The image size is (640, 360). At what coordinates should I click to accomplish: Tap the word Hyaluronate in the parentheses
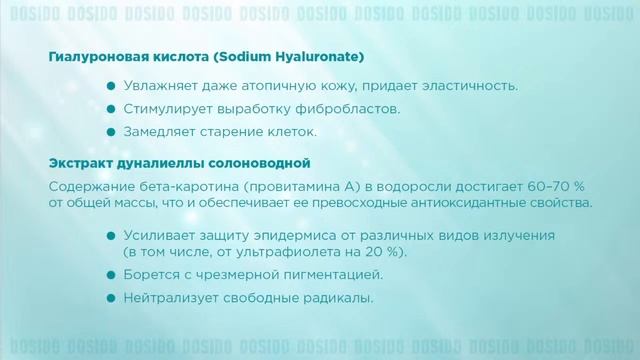point(322,56)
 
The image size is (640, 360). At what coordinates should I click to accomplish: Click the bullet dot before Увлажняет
point(113,85)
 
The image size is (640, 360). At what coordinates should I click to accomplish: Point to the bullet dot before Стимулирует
point(113,109)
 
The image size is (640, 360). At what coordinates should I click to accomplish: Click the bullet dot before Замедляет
point(113,132)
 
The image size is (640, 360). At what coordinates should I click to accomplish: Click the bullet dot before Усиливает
point(113,236)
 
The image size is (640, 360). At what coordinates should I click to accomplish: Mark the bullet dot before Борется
point(113,275)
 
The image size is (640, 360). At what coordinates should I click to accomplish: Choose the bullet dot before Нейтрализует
point(113,299)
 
